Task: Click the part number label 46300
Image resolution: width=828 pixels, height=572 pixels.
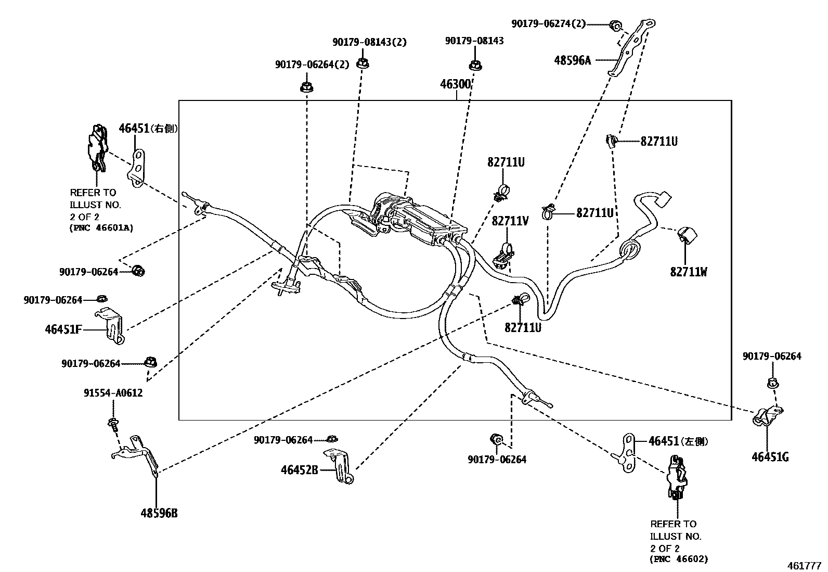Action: pos(456,84)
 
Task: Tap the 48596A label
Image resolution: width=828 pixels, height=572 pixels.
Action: pos(572,60)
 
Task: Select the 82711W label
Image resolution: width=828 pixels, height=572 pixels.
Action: pos(688,272)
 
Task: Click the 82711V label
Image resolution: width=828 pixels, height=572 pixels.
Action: pos(510,221)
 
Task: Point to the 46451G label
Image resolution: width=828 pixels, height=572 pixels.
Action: pos(770,457)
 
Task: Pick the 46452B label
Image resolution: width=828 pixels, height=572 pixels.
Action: pos(299,470)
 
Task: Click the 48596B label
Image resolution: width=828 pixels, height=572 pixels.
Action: pos(159,513)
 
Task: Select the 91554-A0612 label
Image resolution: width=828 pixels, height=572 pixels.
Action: pos(113,393)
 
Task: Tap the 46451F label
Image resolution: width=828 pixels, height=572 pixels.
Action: pos(63,329)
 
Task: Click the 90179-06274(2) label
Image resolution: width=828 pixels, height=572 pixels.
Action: pos(548,23)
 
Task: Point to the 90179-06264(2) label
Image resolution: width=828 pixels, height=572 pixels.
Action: pos(312,65)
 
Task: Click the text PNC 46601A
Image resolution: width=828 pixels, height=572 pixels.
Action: pos(101,228)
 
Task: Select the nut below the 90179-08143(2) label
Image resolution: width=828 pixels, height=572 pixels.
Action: pos(363,63)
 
